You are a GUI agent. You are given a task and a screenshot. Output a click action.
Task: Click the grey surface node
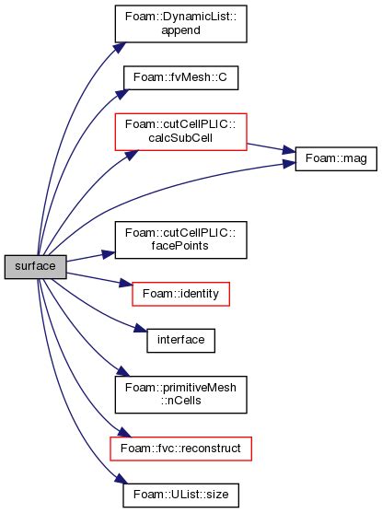(x=34, y=266)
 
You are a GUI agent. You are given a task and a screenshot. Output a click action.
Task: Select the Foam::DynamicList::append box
(x=180, y=22)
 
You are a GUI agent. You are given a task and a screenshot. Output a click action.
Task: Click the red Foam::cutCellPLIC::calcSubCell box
(x=180, y=133)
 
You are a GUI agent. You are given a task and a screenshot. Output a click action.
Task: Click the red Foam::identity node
(x=180, y=295)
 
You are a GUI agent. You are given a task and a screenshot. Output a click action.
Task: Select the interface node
(x=180, y=340)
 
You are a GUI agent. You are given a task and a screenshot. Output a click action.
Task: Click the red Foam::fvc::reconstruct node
(x=180, y=448)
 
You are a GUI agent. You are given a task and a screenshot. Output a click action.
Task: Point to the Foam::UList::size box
(x=180, y=495)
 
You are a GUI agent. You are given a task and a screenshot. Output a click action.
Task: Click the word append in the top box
(x=180, y=29)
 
